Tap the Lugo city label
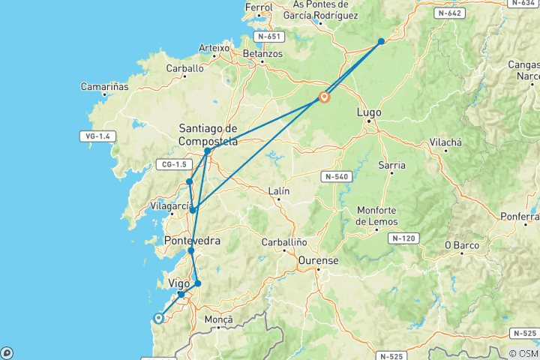[369, 112]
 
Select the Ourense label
[319, 260]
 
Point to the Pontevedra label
[192, 241]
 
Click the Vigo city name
[179, 283]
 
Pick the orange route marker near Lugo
[325, 97]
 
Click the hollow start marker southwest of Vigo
[159, 318]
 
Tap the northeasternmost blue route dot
[381, 41]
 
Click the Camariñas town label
[105, 86]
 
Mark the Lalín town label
[278, 191]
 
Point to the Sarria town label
[392, 165]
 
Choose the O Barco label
[462, 244]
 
